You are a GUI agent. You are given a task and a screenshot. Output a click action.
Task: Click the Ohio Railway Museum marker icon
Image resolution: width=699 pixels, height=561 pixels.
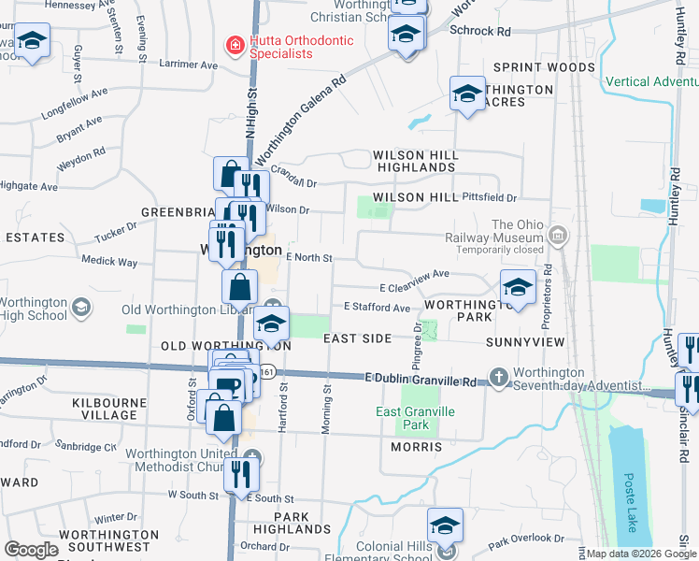pos(558,233)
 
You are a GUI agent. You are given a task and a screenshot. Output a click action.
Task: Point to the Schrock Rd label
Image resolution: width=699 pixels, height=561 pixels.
pos(480,32)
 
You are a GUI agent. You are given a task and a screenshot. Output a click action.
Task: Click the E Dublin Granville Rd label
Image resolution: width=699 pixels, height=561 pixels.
pos(421,379)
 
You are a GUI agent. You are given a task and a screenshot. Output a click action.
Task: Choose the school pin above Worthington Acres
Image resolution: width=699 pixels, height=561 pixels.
pos(467,94)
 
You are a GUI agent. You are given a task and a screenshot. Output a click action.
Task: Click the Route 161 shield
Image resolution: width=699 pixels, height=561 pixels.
pos(267,372)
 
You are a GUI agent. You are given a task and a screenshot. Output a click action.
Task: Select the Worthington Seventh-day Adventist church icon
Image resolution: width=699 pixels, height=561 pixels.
pos(499,378)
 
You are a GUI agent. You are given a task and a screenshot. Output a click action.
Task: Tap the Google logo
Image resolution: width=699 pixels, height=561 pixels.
pos(31,550)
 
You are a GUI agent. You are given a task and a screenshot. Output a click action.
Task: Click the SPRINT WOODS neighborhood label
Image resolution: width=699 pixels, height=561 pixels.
pos(544,67)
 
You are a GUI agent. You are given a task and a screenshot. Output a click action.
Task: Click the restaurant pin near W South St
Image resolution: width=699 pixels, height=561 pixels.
pos(241,474)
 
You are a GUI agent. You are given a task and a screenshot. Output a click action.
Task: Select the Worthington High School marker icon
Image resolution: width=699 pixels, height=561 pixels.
pos(81,306)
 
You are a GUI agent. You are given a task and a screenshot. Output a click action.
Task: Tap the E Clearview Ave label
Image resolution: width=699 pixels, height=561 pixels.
pos(414,274)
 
